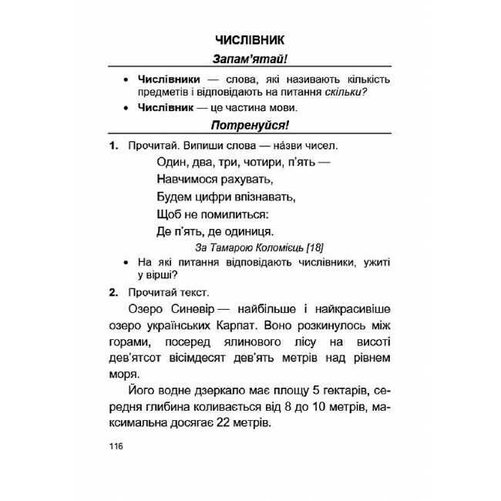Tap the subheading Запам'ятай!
[250, 59]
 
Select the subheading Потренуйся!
[250, 126]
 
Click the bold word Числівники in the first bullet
[169, 79]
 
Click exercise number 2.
[113, 292]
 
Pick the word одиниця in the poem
[245, 230]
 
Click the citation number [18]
[314, 247]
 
